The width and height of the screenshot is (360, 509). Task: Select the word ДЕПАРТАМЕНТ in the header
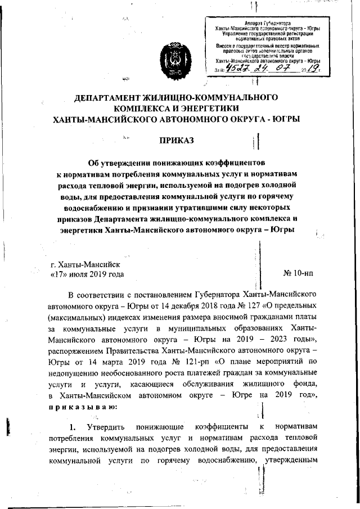click(115, 97)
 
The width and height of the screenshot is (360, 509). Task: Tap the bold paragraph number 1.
click(73, 426)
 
